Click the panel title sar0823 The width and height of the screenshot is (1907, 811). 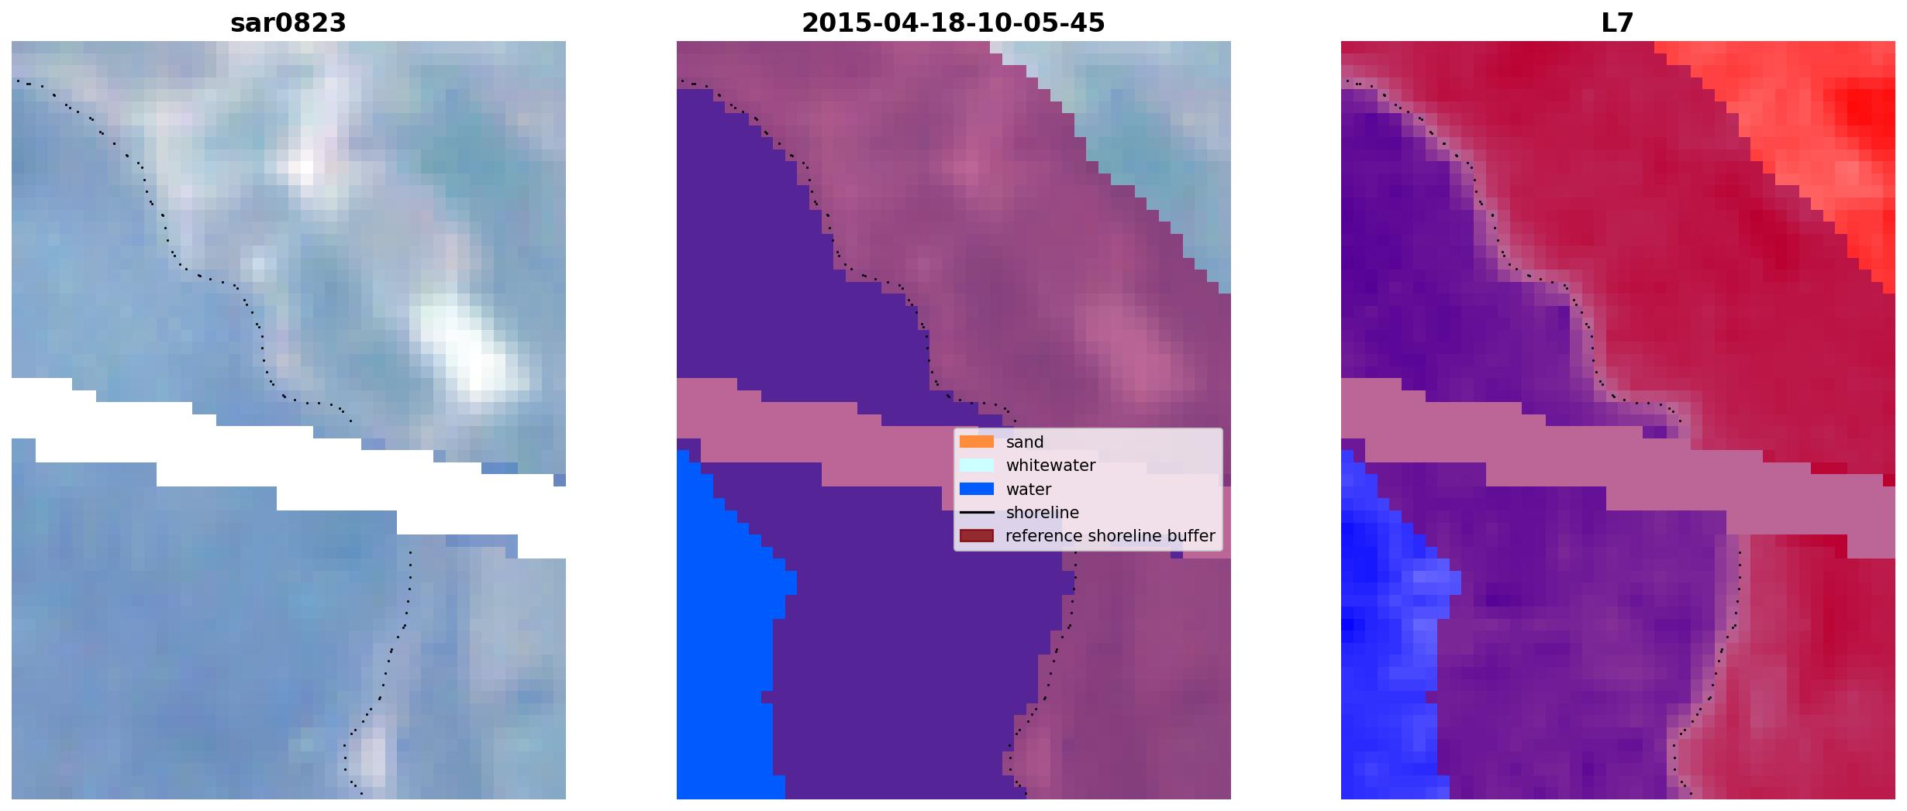pyautogui.click(x=288, y=23)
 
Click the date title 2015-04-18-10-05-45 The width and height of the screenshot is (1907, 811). pyautogui.click(x=953, y=23)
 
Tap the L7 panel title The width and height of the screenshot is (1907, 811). pyautogui.click(x=1617, y=23)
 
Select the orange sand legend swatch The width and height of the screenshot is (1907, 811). pyautogui.click(x=977, y=442)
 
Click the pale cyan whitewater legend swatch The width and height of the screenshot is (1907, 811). pyautogui.click(x=977, y=465)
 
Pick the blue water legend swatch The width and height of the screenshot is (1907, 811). pyautogui.click(x=977, y=489)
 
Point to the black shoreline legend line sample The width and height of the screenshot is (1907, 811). pyautogui.click(x=977, y=513)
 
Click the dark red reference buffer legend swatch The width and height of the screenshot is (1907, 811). pyautogui.click(x=977, y=536)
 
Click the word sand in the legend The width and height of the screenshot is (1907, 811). pyautogui.click(x=1025, y=442)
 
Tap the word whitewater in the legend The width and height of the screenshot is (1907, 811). pyautogui.click(x=1050, y=466)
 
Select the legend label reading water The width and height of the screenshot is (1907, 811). pyautogui.click(x=1029, y=490)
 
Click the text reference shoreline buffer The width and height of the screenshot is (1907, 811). pyautogui.click(x=1110, y=536)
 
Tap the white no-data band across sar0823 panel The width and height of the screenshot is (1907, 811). pyautogui.click(x=288, y=465)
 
